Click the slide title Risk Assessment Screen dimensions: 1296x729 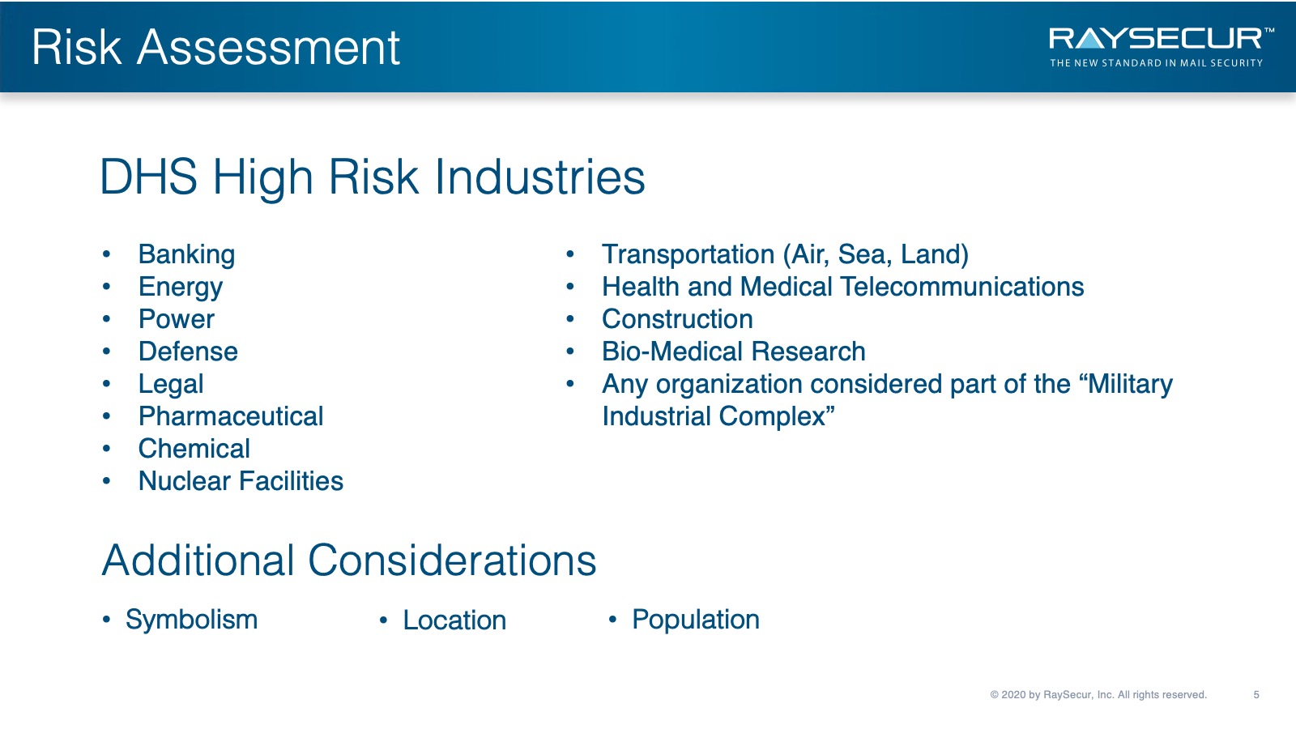[x=215, y=48]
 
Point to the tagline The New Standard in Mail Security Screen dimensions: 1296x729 [x=1156, y=63]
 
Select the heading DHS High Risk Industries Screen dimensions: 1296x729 [x=372, y=177]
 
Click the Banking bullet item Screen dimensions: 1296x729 [x=186, y=254]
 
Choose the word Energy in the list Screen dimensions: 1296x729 [x=181, y=288]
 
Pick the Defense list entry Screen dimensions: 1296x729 [x=188, y=352]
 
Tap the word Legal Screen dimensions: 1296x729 [x=171, y=385]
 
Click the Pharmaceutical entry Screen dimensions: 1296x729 [x=231, y=416]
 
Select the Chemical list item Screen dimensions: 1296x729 [x=194, y=449]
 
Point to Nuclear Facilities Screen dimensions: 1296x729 [x=241, y=481]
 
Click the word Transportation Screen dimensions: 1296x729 [x=688, y=254]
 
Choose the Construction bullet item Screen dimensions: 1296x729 [x=677, y=319]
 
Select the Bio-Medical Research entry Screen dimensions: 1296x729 [x=734, y=352]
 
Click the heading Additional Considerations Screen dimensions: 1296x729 [x=349, y=560]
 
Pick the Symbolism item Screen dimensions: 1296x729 [x=191, y=620]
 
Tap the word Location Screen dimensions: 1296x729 [x=454, y=620]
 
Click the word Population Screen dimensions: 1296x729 [x=696, y=620]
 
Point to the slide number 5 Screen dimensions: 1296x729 [x=1256, y=695]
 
